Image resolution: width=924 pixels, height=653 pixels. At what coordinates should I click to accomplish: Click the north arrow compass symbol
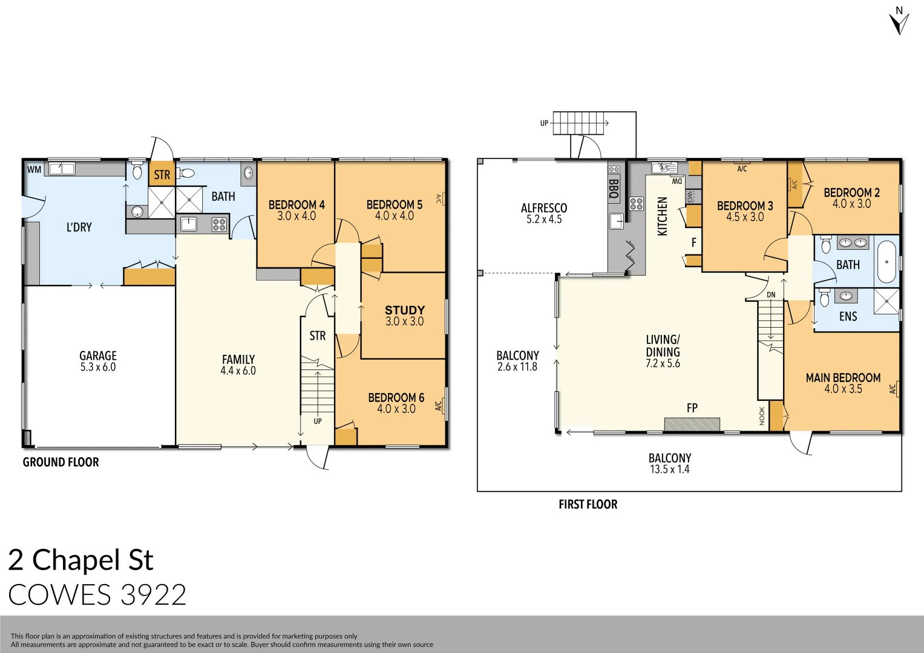pos(899,22)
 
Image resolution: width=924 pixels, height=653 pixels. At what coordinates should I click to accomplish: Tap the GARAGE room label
pos(98,356)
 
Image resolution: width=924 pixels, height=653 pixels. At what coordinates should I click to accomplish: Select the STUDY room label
pos(405,310)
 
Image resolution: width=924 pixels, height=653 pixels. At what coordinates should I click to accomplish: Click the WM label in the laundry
pos(34,170)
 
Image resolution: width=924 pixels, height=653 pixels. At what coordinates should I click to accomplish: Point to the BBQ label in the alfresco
pos(614,189)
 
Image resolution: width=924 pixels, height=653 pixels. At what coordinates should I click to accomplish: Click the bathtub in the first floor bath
pos(887,262)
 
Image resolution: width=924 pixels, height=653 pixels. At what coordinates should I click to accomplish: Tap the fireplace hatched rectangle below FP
pos(692,424)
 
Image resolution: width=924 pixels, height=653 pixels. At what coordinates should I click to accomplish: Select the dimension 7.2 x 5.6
pos(663,364)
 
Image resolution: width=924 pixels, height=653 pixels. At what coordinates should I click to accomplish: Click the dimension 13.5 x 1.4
pos(669,470)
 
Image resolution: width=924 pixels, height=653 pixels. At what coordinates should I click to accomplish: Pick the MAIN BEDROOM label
pos(843,378)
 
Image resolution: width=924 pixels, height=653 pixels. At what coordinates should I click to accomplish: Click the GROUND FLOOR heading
pos(61,463)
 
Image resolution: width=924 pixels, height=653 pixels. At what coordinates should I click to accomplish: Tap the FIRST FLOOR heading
pos(588,505)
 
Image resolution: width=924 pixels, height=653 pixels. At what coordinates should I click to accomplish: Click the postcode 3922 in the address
pos(153,595)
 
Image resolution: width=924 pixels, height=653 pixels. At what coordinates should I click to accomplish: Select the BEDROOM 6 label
pos(396,398)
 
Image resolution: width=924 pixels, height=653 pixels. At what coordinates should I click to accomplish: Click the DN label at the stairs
pos(771,295)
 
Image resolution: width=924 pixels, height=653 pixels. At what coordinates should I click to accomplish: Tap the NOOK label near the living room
pos(762,416)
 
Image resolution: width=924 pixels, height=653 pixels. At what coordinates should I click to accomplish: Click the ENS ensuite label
pos(848,317)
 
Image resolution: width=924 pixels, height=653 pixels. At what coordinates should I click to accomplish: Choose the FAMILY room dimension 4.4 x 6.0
pos(238,371)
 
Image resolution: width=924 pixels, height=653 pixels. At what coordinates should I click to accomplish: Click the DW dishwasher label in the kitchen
pos(677,181)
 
